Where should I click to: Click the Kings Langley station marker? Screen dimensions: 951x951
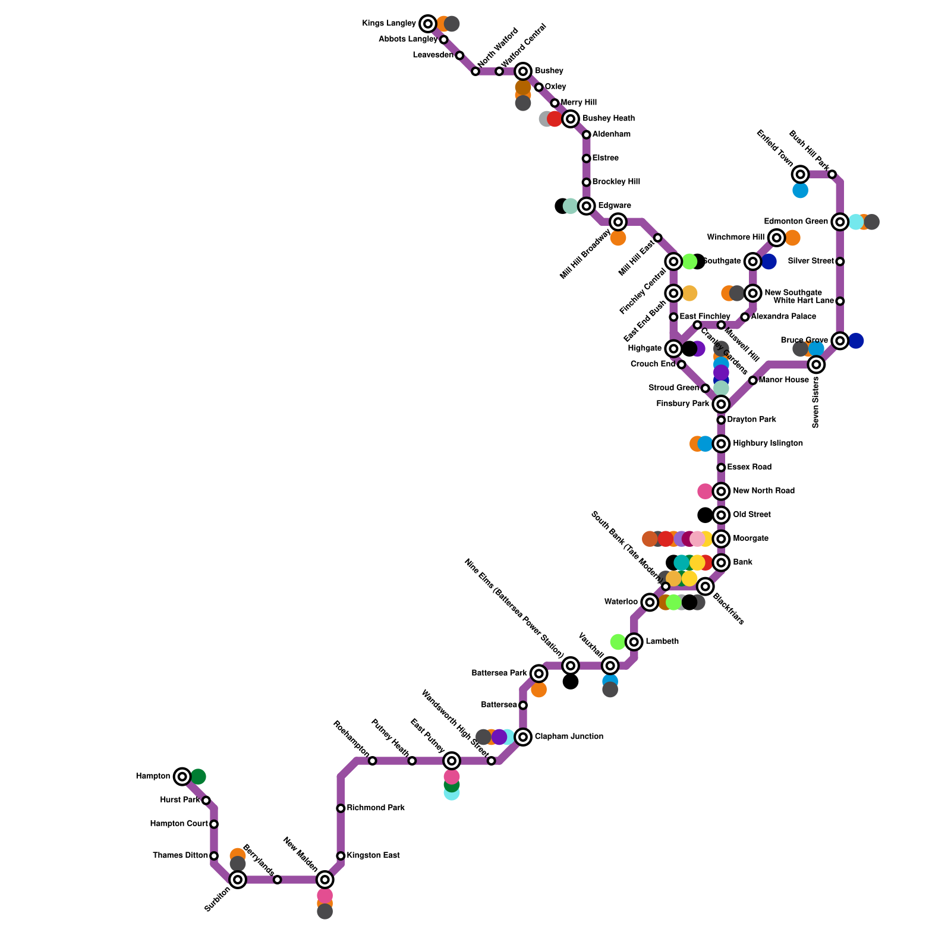tap(427, 24)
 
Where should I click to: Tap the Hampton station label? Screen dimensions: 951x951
tap(153, 776)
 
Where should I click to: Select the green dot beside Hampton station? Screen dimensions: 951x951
tap(199, 776)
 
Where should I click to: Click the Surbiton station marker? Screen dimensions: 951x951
tap(238, 880)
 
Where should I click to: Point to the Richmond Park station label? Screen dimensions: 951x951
tap(376, 808)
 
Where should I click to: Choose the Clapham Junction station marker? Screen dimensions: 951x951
tap(523, 737)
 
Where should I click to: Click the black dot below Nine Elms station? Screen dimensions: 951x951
tap(571, 682)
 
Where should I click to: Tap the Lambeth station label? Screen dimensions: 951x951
tap(662, 642)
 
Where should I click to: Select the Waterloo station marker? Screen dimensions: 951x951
tap(650, 602)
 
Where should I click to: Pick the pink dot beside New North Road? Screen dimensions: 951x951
tap(705, 491)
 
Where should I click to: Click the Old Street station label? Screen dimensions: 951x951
tap(752, 515)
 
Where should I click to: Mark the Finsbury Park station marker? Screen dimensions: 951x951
tap(721, 404)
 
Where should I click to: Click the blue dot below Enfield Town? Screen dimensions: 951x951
tap(801, 190)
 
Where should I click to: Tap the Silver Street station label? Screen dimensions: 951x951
tap(811, 262)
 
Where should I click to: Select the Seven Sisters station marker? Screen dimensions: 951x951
tap(816, 364)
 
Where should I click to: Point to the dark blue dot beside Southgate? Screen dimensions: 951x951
tap(769, 262)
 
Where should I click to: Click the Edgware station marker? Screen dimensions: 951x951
tap(587, 206)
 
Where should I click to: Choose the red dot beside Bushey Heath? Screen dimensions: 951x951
tap(555, 119)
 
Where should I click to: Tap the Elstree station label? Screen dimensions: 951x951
tap(606, 159)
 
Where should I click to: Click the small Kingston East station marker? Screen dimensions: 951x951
tap(341, 856)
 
